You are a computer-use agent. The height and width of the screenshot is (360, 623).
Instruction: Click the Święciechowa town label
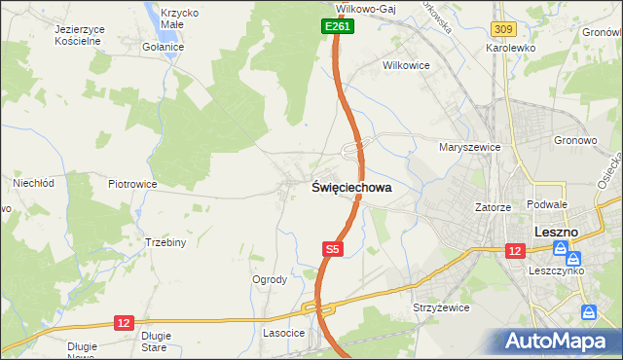(x=352, y=188)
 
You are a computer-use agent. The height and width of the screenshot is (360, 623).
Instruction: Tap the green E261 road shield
(x=337, y=27)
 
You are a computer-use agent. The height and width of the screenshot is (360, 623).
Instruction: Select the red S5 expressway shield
(x=333, y=249)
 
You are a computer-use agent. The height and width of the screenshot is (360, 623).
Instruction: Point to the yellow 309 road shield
(x=503, y=31)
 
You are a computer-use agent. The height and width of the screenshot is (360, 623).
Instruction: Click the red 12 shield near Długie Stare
(x=123, y=322)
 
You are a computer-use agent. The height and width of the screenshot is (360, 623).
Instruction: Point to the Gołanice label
(x=163, y=47)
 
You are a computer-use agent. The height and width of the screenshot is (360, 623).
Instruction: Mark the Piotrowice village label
(x=132, y=183)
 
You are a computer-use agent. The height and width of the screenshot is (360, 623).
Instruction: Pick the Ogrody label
(x=270, y=279)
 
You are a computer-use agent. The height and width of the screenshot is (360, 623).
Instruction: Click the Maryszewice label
(x=469, y=147)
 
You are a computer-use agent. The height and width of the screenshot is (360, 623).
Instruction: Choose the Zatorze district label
(x=493, y=207)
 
